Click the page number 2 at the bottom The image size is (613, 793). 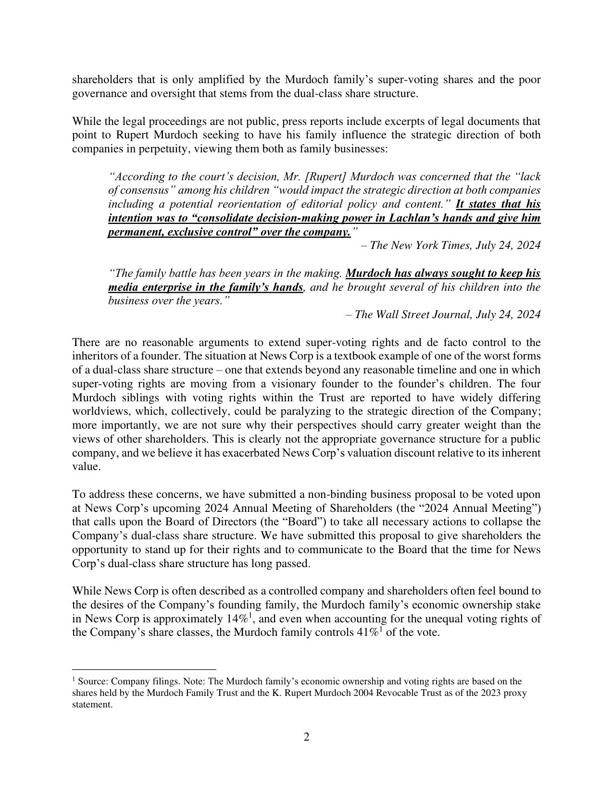pos(306,736)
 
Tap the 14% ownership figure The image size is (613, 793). pos(236,618)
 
